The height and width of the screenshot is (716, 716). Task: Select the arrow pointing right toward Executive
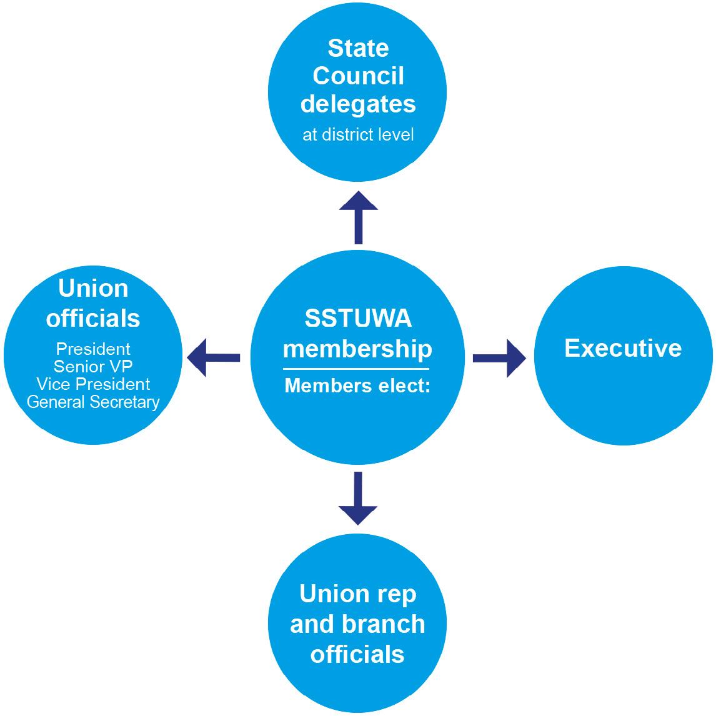tap(499, 358)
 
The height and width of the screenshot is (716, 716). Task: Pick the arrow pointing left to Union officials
tap(214, 358)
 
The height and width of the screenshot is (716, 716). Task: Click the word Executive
tap(622, 348)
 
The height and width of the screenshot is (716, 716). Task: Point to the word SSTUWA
tap(358, 318)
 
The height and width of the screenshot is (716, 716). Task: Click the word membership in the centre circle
tap(357, 348)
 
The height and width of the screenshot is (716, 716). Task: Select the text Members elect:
tap(357, 385)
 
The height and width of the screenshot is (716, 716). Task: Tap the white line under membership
tap(357, 369)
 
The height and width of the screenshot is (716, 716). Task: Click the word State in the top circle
tap(358, 48)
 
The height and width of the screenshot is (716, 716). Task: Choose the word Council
tap(358, 76)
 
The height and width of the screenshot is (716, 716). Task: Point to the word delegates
tap(358, 104)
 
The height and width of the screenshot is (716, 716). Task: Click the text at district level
tap(358, 135)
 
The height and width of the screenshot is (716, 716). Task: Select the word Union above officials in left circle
tap(93, 289)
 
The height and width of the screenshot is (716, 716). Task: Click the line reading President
tap(93, 349)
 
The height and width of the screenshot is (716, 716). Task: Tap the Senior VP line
tap(93, 366)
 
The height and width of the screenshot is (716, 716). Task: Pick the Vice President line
tap(93, 384)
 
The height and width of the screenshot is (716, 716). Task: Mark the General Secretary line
tap(93, 402)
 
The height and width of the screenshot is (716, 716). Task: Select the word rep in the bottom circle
tap(392, 594)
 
